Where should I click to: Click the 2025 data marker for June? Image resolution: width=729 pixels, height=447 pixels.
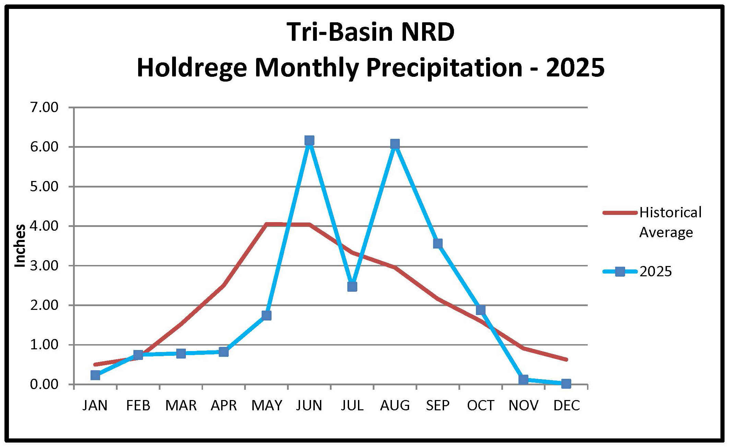click(309, 141)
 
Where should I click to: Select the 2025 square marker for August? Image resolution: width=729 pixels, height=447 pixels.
click(395, 144)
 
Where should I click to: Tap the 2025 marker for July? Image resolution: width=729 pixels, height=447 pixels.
click(352, 287)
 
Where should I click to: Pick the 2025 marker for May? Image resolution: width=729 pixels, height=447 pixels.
click(266, 315)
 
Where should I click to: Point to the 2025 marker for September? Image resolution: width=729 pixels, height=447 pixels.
click(438, 244)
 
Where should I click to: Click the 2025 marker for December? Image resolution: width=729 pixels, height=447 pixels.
click(566, 383)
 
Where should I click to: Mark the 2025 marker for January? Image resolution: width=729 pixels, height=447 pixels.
click(95, 375)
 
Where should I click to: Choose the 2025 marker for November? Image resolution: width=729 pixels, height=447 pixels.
click(523, 379)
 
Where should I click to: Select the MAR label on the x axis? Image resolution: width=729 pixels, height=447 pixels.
click(181, 406)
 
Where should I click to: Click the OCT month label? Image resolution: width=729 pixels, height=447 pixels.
click(480, 406)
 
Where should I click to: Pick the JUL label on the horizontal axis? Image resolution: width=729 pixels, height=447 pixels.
click(352, 406)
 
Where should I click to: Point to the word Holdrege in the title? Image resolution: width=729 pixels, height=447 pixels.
click(191, 68)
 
